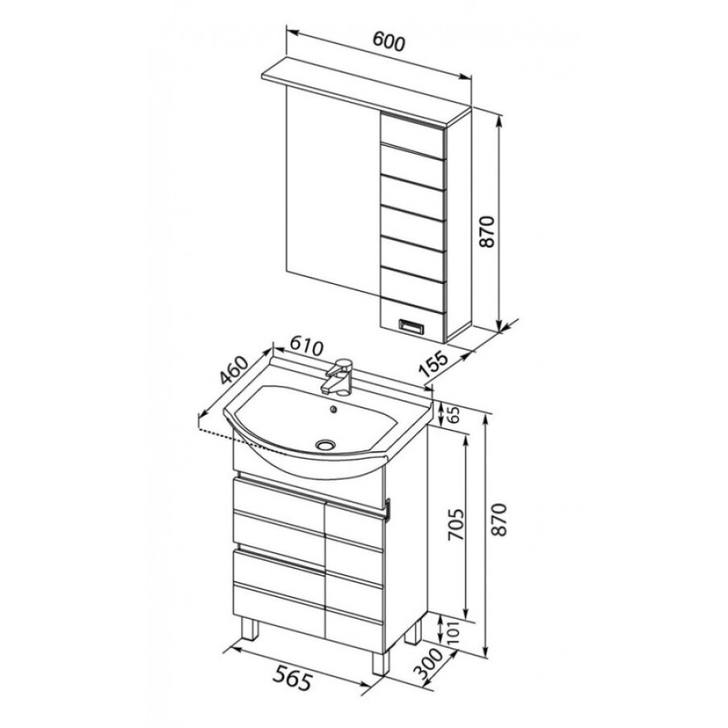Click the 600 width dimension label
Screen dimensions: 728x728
pos(389,42)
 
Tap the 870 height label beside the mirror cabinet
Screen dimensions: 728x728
pos(487,231)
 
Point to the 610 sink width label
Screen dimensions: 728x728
pos(306,346)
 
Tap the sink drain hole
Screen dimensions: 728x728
pos(327,445)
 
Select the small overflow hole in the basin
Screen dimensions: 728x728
pos(332,409)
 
